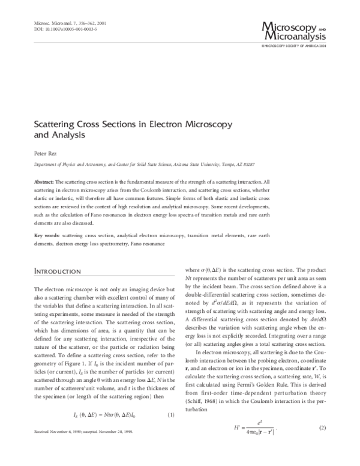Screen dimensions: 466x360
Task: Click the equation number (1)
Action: click(x=170, y=414)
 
